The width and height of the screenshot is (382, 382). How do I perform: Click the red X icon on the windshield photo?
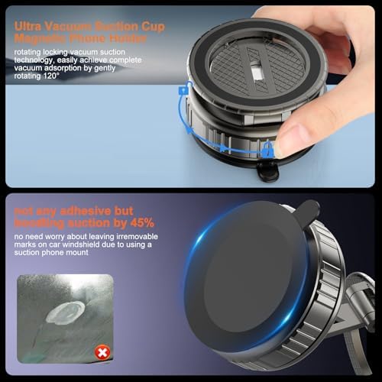tap(102, 353)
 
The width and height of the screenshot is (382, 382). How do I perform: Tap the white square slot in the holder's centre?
tap(255, 72)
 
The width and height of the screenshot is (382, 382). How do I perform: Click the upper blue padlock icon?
tap(183, 90)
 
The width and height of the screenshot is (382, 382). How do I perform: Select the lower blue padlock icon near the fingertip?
tap(267, 150)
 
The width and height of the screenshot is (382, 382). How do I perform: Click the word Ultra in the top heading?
tap(28, 27)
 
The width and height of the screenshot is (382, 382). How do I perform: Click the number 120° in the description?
tap(51, 76)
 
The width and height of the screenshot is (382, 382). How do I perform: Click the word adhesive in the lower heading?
tap(86, 211)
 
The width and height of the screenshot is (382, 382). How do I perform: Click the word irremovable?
tap(137, 236)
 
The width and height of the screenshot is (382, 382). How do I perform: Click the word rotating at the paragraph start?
tap(28, 52)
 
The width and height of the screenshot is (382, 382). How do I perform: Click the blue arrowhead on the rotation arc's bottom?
tap(223, 148)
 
